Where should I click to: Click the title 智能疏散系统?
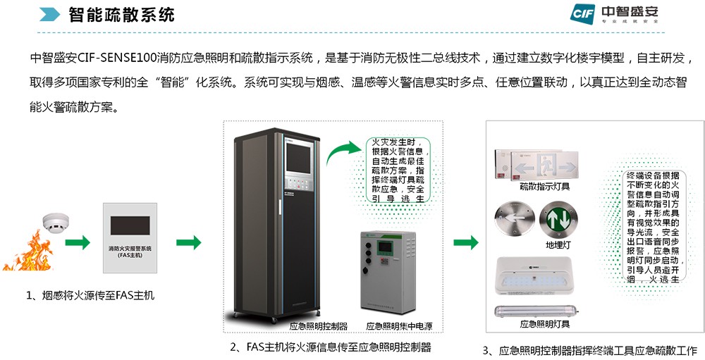pyautogui.click(x=121, y=15)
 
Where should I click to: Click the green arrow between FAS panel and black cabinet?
pyautogui.click(x=188, y=243)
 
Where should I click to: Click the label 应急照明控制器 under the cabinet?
pyautogui.click(x=319, y=326)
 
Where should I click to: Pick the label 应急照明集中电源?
pyautogui.click(x=399, y=326)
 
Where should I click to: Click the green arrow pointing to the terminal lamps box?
pyautogui.click(x=465, y=243)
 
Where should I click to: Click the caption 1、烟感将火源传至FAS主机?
pyautogui.click(x=90, y=296)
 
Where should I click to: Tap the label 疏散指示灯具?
pyautogui.click(x=545, y=187)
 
